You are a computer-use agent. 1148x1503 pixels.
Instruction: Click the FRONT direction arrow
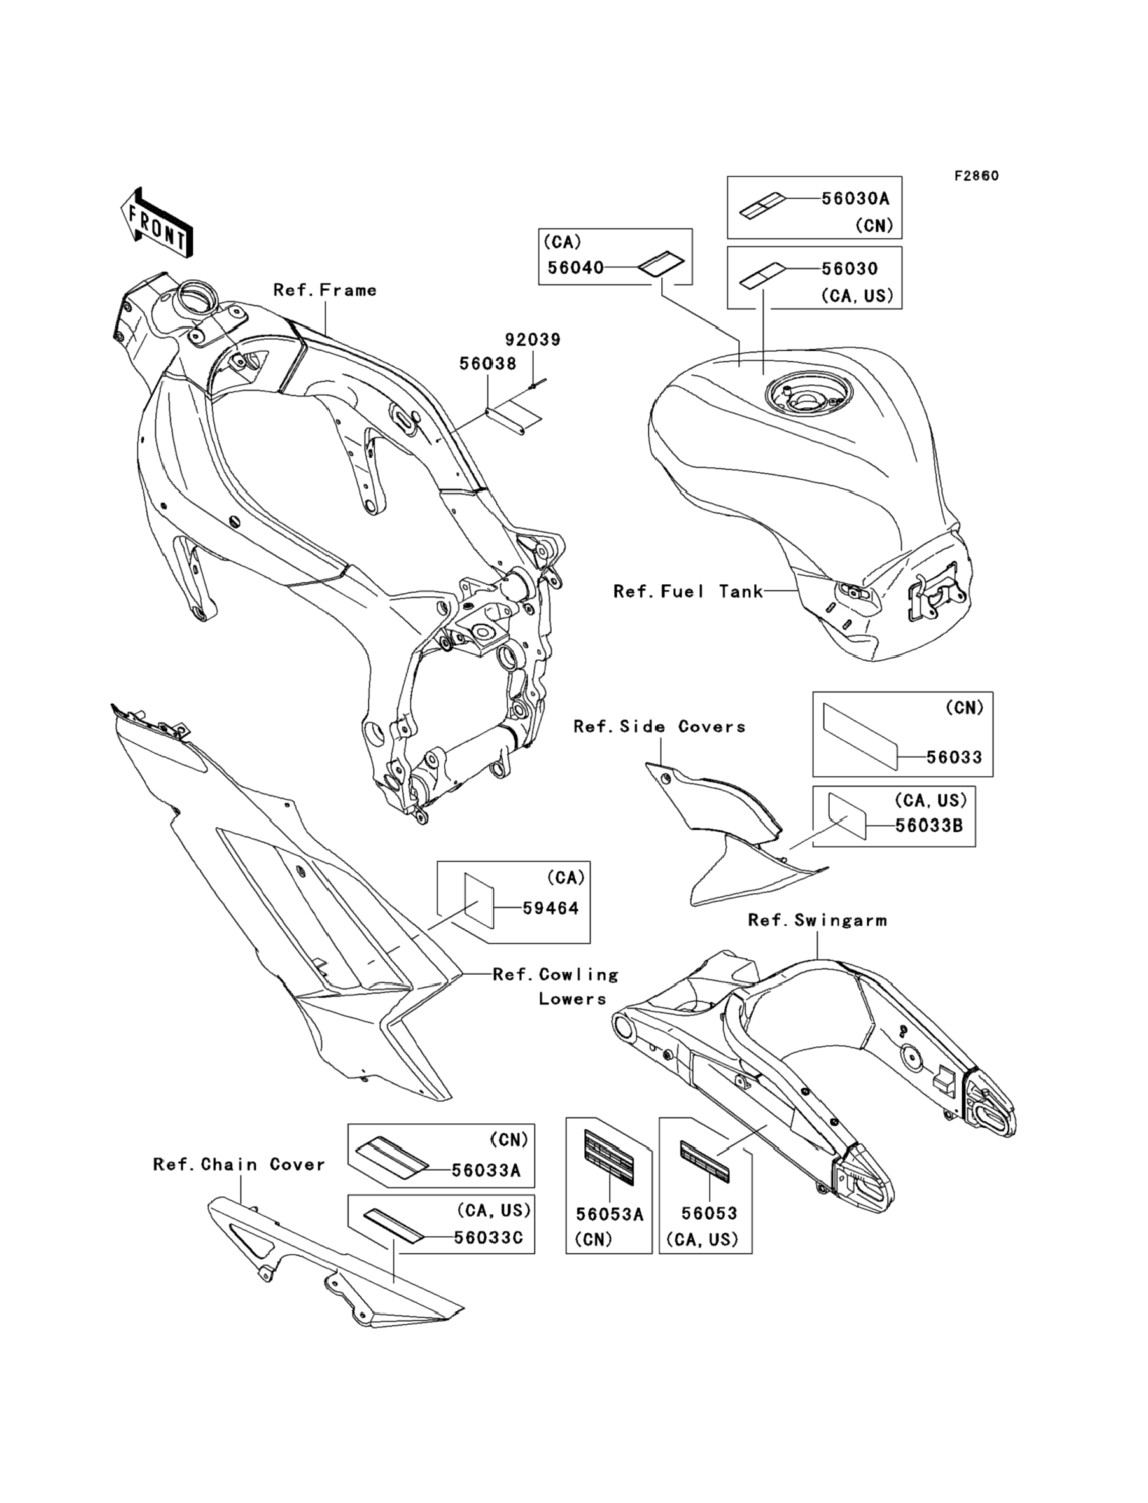(x=155, y=223)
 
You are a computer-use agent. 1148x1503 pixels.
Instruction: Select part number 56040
(x=576, y=268)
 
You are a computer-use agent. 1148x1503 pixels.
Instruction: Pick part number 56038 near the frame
(x=488, y=363)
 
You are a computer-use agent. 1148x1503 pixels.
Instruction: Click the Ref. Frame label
(x=325, y=290)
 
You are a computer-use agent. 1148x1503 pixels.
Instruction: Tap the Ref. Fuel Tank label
(x=688, y=592)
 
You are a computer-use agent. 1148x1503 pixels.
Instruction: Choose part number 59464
(x=550, y=908)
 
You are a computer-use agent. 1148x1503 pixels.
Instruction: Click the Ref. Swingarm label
(x=818, y=920)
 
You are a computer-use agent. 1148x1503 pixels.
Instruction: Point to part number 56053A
(x=610, y=1214)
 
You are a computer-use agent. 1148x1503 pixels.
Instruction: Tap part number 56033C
(x=489, y=1237)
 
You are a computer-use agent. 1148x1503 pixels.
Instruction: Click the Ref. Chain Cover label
(x=239, y=1164)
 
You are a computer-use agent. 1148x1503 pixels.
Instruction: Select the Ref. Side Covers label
(x=659, y=726)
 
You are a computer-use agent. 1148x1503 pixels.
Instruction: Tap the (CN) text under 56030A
(x=874, y=225)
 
